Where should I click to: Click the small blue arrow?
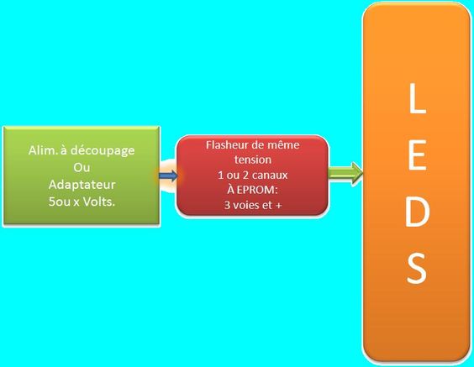click(168, 176)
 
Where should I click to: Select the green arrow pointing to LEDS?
click(345, 173)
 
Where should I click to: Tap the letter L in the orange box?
click(418, 98)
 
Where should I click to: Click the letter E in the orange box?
click(417, 155)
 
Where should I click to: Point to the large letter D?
click(417, 211)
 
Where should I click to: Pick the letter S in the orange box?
click(417, 267)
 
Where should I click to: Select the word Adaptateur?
click(82, 185)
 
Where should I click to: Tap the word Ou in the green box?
click(82, 167)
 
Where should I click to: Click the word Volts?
click(99, 202)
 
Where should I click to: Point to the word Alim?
click(43, 150)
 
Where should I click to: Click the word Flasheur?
click(225, 145)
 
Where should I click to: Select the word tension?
click(253, 160)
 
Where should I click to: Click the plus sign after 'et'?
click(278, 206)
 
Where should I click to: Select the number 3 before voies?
click(227, 206)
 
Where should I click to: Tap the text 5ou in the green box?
click(59, 202)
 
